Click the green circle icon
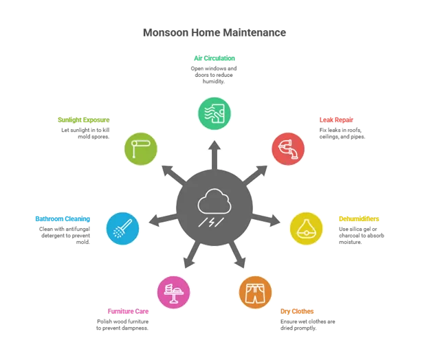click(214, 113)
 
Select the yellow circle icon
click(306, 229)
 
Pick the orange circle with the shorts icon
click(255, 292)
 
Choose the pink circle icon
click(173, 292)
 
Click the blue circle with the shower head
click(123, 228)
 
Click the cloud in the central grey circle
click(214, 203)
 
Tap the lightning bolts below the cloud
click(214, 222)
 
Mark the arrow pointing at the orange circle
click(238, 258)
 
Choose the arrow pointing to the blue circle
click(159, 221)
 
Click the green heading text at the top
click(214, 59)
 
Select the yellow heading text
click(357, 220)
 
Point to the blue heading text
click(63, 220)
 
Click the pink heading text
click(127, 311)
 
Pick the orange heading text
click(298, 311)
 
